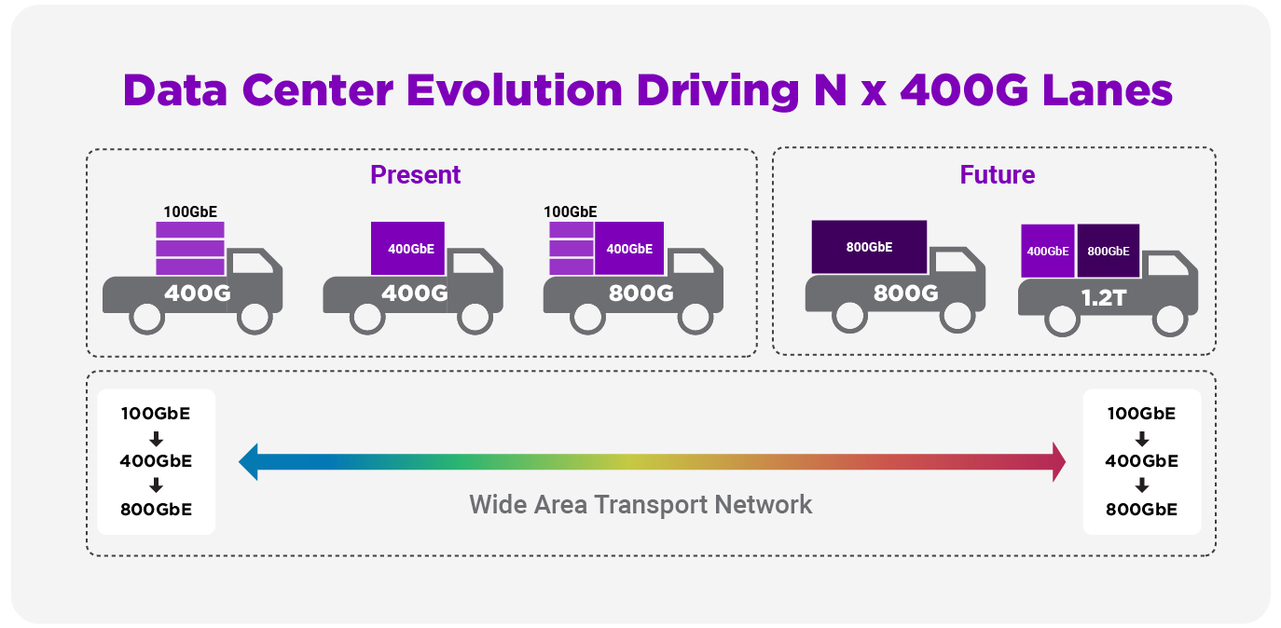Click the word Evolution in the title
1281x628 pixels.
click(514, 90)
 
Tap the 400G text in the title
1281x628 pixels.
click(964, 90)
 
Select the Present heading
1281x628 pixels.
click(415, 175)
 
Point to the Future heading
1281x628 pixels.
click(997, 175)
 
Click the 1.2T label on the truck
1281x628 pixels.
click(1103, 298)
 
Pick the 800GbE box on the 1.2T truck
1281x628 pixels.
click(1109, 251)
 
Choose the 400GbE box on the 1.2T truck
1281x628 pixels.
click(1048, 251)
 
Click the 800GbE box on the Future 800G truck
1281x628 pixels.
click(869, 247)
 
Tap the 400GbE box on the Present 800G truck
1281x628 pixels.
click(629, 249)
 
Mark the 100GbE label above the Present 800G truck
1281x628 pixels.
click(571, 212)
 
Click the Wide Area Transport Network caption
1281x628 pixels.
click(640, 505)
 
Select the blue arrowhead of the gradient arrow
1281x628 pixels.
click(249, 462)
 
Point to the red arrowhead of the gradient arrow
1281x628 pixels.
click(1058, 462)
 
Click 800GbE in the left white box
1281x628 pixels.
click(156, 509)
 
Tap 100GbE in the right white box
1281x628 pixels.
click(1141, 413)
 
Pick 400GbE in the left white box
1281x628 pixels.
click(156, 460)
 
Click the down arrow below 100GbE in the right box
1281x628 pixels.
click(1142, 439)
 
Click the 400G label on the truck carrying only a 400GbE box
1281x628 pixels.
click(415, 294)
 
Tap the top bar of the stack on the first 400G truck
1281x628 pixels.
click(190, 230)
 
